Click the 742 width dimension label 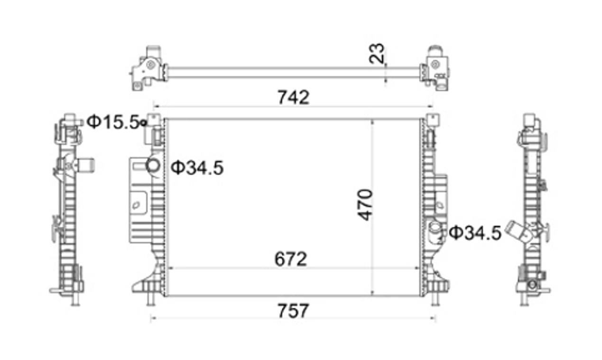293,97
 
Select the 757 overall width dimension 293,311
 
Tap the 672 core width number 290,259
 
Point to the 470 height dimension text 365,205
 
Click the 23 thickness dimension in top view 377,54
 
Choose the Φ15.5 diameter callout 113,122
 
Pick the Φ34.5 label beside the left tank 197,168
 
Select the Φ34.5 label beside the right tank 475,233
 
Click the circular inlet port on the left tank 153,165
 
